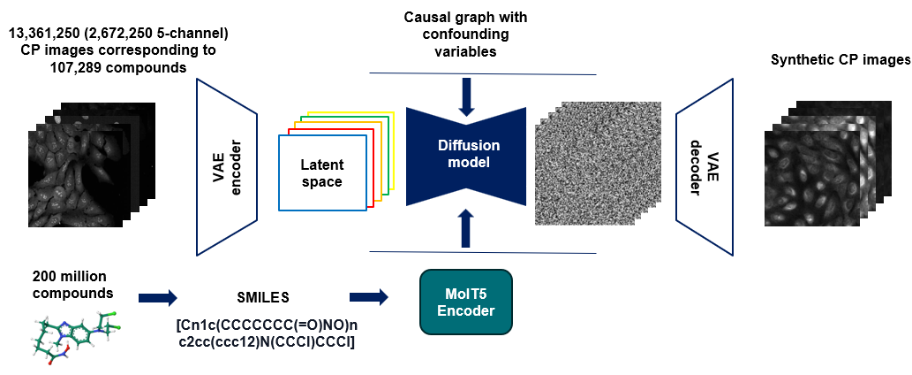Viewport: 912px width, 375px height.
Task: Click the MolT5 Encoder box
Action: [x=465, y=302]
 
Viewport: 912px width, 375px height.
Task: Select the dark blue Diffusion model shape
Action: [x=466, y=156]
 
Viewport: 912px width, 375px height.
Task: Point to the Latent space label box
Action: [x=321, y=172]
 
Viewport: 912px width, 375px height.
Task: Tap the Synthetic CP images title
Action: [x=840, y=60]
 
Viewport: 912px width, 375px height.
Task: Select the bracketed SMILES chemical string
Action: [x=265, y=333]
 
